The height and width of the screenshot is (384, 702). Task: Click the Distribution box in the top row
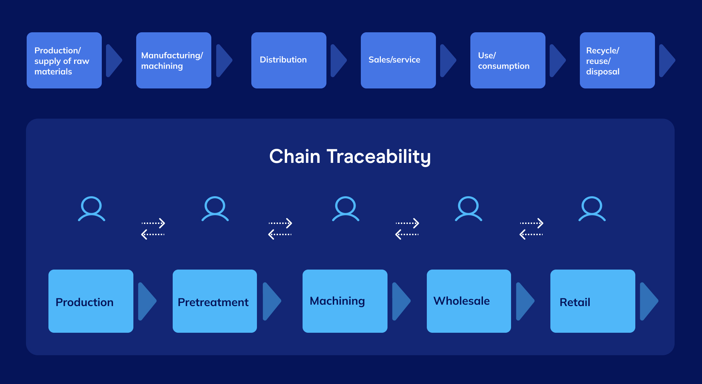tap(289, 60)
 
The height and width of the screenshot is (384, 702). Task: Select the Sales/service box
tap(398, 60)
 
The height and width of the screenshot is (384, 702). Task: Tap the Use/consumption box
tap(508, 60)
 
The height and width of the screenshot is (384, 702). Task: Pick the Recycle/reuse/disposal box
tap(617, 60)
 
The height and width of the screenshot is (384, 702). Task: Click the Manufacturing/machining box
tap(173, 60)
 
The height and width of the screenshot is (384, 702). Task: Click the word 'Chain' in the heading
tap(294, 157)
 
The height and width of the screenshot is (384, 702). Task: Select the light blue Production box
tap(91, 301)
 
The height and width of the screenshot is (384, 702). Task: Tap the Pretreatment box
tap(214, 301)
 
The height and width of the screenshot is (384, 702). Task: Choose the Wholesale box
tap(469, 301)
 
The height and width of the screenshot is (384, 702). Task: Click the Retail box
tap(592, 301)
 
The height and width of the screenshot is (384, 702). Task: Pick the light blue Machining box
tap(345, 301)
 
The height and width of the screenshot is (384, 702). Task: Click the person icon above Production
tap(92, 208)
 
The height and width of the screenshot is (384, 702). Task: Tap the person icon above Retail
tap(592, 208)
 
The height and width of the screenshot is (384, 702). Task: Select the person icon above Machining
tap(345, 208)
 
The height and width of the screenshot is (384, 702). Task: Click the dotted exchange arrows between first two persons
tap(153, 229)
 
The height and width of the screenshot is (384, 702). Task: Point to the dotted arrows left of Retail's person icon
tap(531, 229)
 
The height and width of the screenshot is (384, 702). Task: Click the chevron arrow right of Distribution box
tap(338, 60)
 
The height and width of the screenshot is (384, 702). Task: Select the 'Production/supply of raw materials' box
tap(64, 60)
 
